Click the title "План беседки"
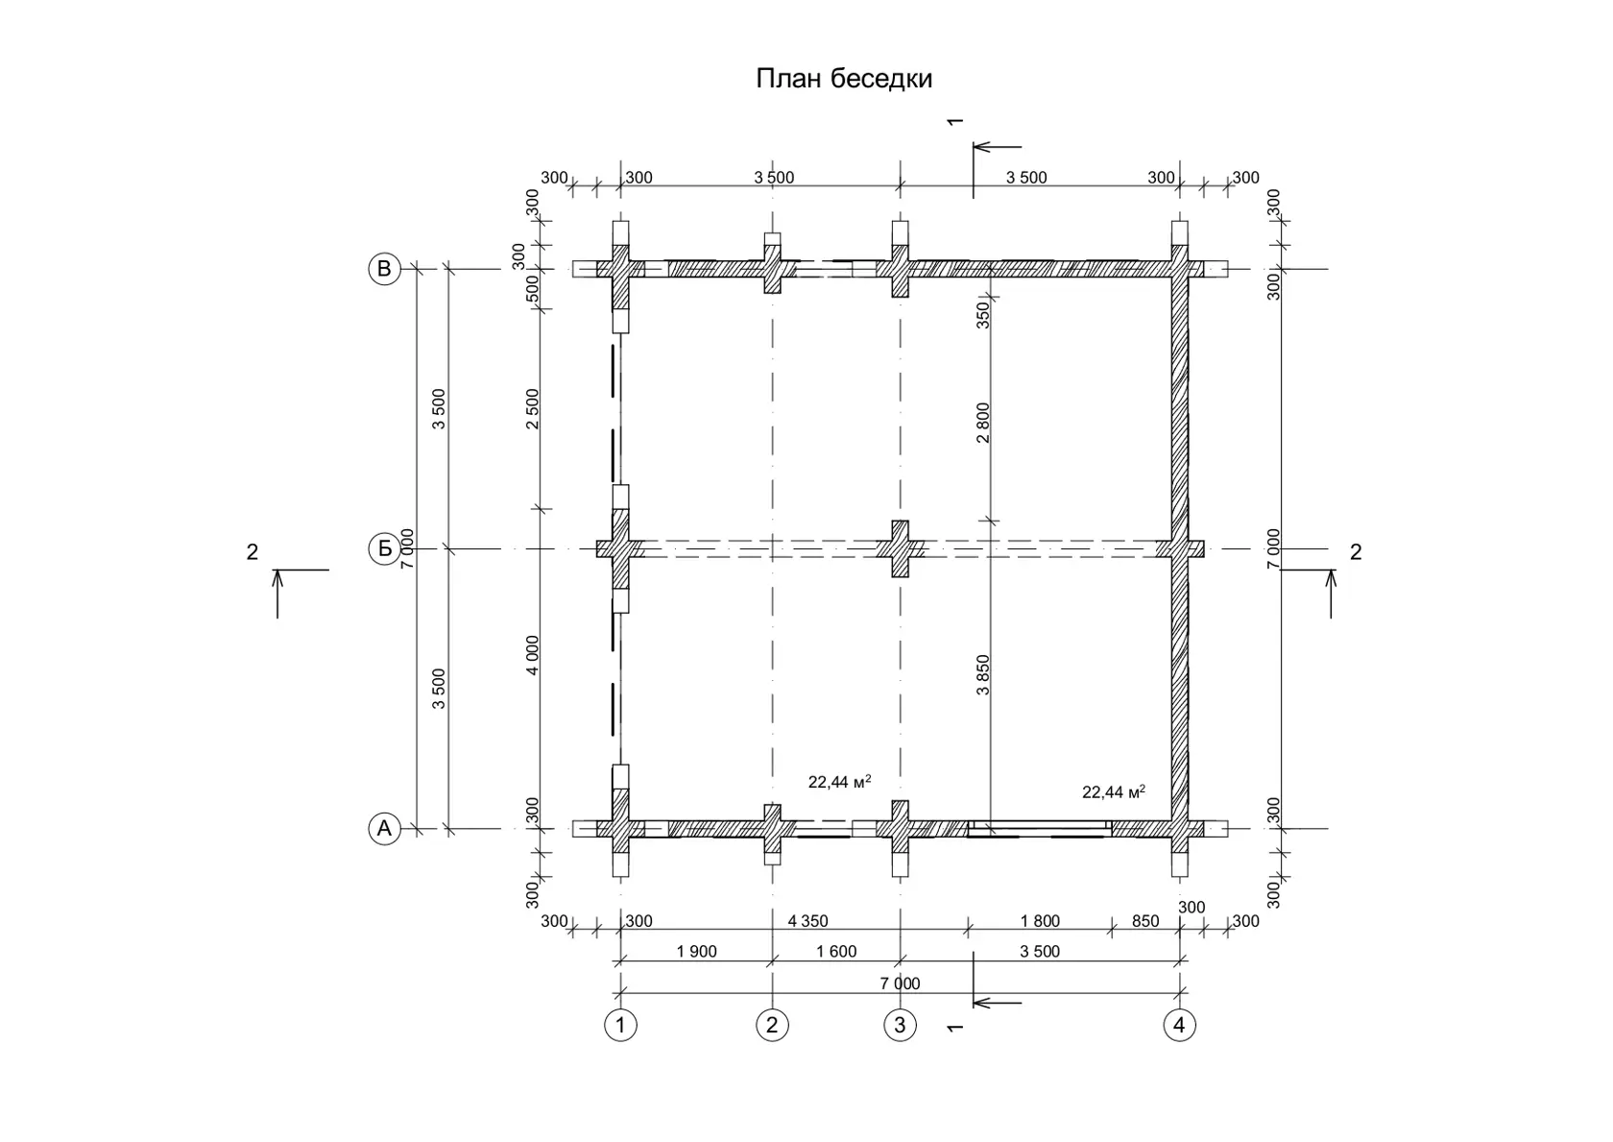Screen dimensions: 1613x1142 click(x=843, y=79)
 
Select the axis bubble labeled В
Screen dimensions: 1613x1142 click(x=384, y=269)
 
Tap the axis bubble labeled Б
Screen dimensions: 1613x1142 click(x=384, y=549)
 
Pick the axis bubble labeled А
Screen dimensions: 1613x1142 click(x=384, y=829)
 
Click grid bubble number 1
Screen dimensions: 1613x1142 click(x=620, y=1025)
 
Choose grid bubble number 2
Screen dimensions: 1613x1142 click(x=773, y=1025)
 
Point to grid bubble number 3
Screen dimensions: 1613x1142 click(x=901, y=1025)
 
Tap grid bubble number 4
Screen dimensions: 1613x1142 click(x=1179, y=1025)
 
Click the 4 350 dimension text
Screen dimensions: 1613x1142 click(x=808, y=921)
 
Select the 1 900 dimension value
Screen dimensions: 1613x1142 click(x=696, y=951)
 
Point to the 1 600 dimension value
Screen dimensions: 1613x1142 click(x=836, y=951)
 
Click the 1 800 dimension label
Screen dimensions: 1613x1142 click(x=1040, y=921)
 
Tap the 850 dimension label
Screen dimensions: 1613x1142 click(x=1145, y=921)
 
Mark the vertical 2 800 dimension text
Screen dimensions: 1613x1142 click(x=983, y=423)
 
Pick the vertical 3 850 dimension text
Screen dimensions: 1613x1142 click(x=983, y=674)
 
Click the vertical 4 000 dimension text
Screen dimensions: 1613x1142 click(x=532, y=655)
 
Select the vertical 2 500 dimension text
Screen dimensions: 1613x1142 click(x=532, y=408)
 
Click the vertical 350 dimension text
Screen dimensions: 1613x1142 click(x=983, y=316)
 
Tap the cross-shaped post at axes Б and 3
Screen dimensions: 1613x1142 click(x=901, y=549)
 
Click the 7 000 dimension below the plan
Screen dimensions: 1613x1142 click(x=901, y=984)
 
